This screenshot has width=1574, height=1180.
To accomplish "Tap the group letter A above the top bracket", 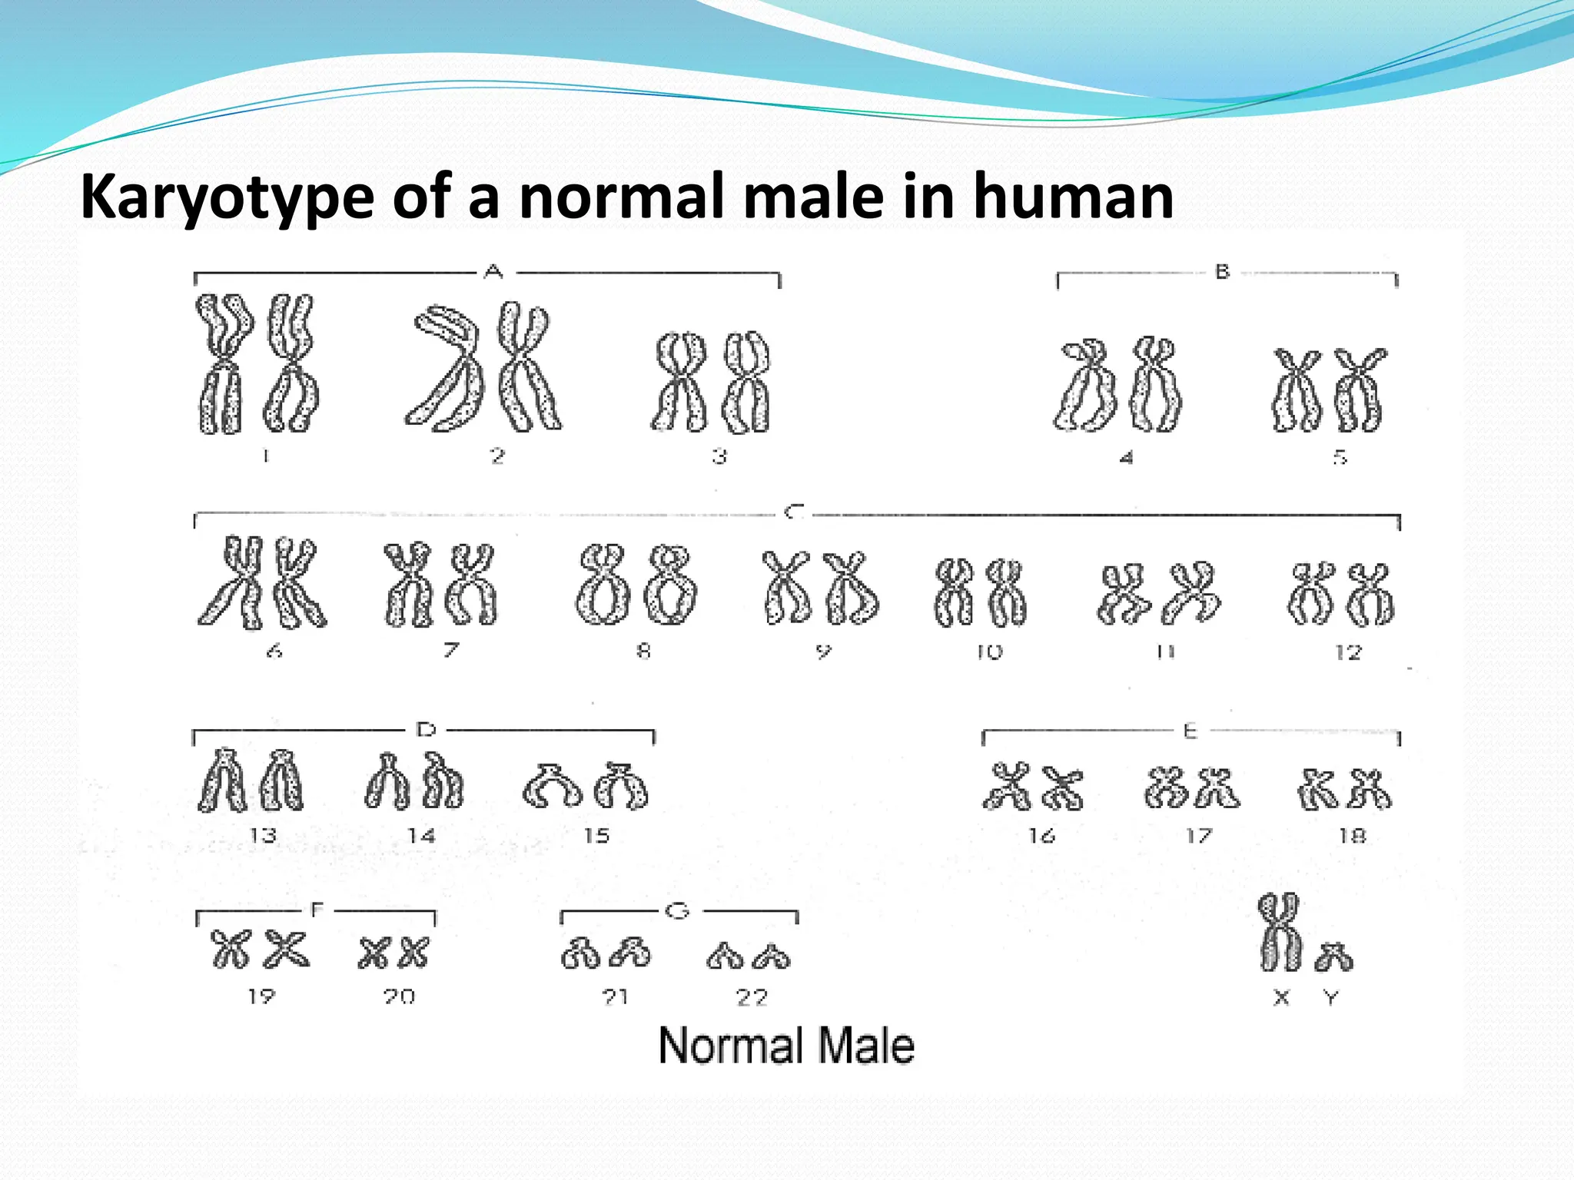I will coord(494,271).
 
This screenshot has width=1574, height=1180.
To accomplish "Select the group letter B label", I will coord(1222,272).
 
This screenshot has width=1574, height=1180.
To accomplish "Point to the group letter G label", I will coord(676,911).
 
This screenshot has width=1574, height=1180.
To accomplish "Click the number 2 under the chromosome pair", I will coord(498,456).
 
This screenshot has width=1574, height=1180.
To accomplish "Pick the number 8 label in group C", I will coord(643,651).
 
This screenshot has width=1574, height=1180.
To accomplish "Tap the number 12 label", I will coord(1348,652).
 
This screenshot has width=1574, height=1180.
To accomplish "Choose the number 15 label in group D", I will coord(596,835).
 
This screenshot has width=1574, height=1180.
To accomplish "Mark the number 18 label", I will coord(1353,835).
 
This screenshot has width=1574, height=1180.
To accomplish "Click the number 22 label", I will coord(752,997).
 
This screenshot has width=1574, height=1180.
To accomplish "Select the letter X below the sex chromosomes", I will coord(1281,997).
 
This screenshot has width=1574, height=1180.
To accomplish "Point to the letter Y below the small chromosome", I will coord(1331,997).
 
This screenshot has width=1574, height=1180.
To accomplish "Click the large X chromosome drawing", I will coord(1280,932).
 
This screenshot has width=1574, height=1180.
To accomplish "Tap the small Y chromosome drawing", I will coord(1333,956).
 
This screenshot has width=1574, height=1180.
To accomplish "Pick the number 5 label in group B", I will coord(1340,457).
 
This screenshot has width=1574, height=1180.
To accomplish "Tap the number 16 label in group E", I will coord(1042,835).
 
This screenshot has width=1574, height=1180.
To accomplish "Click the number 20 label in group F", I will coord(399,996).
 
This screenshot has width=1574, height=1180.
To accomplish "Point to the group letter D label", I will coord(426,730).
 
